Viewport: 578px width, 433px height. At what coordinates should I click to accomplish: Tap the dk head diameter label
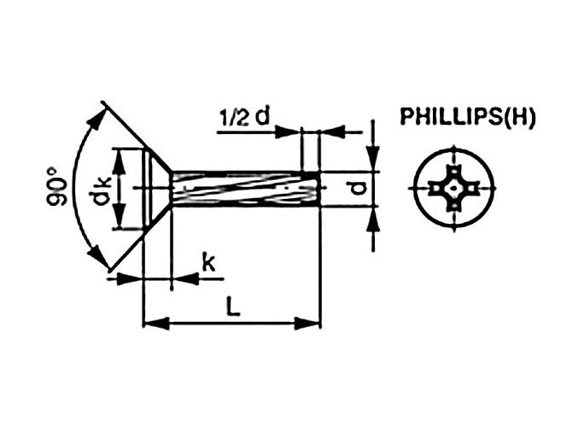pos(100,190)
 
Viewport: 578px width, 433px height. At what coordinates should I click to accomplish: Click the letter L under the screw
pos(233,305)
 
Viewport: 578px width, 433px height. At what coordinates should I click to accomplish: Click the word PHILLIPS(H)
pos(467,118)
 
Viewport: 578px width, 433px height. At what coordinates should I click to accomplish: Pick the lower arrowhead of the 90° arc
pos(98,257)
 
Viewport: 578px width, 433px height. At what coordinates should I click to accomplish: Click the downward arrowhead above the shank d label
pos(374,162)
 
